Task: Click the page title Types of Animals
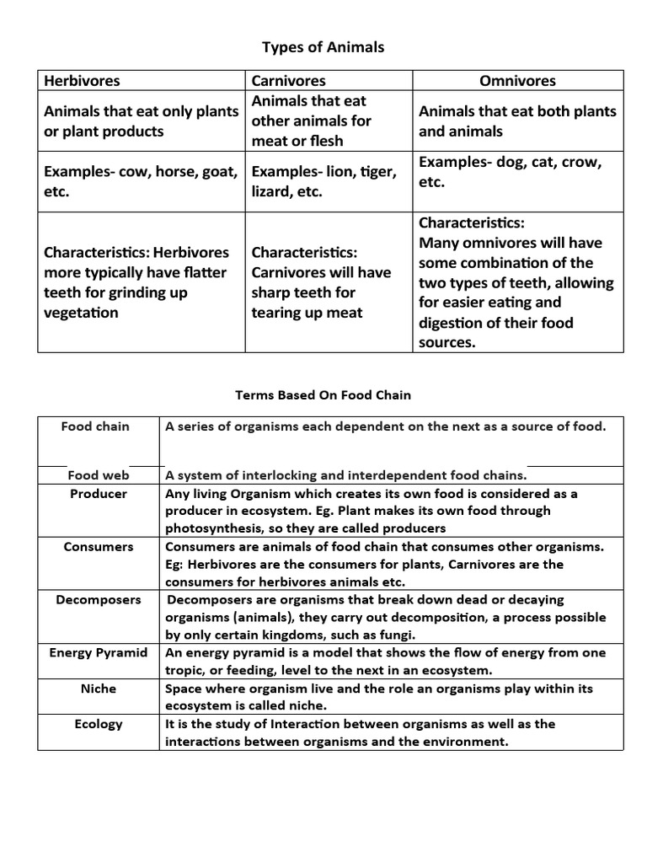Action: coord(323,47)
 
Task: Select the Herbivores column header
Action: coord(82,81)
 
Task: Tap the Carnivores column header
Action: coord(289,81)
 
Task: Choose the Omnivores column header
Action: coord(517,81)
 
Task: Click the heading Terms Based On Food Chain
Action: coord(323,394)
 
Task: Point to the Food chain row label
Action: coord(95,426)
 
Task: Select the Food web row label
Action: coord(99,475)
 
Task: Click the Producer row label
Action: coord(99,494)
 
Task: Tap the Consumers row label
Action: coord(99,547)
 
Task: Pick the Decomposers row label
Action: coord(99,600)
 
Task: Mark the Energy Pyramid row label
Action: coord(99,653)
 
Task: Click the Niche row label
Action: coord(99,689)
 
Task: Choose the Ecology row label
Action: coord(99,724)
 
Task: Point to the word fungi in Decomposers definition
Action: coord(393,635)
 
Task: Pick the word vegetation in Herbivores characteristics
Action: coord(81,313)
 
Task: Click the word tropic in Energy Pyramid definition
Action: coord(186,671)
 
